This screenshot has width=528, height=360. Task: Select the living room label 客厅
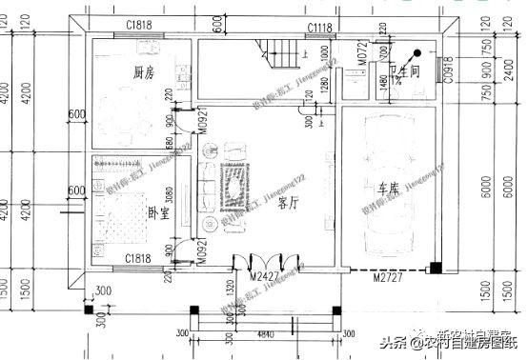point(289,203)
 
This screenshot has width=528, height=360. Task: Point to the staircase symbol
point(281,52)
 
